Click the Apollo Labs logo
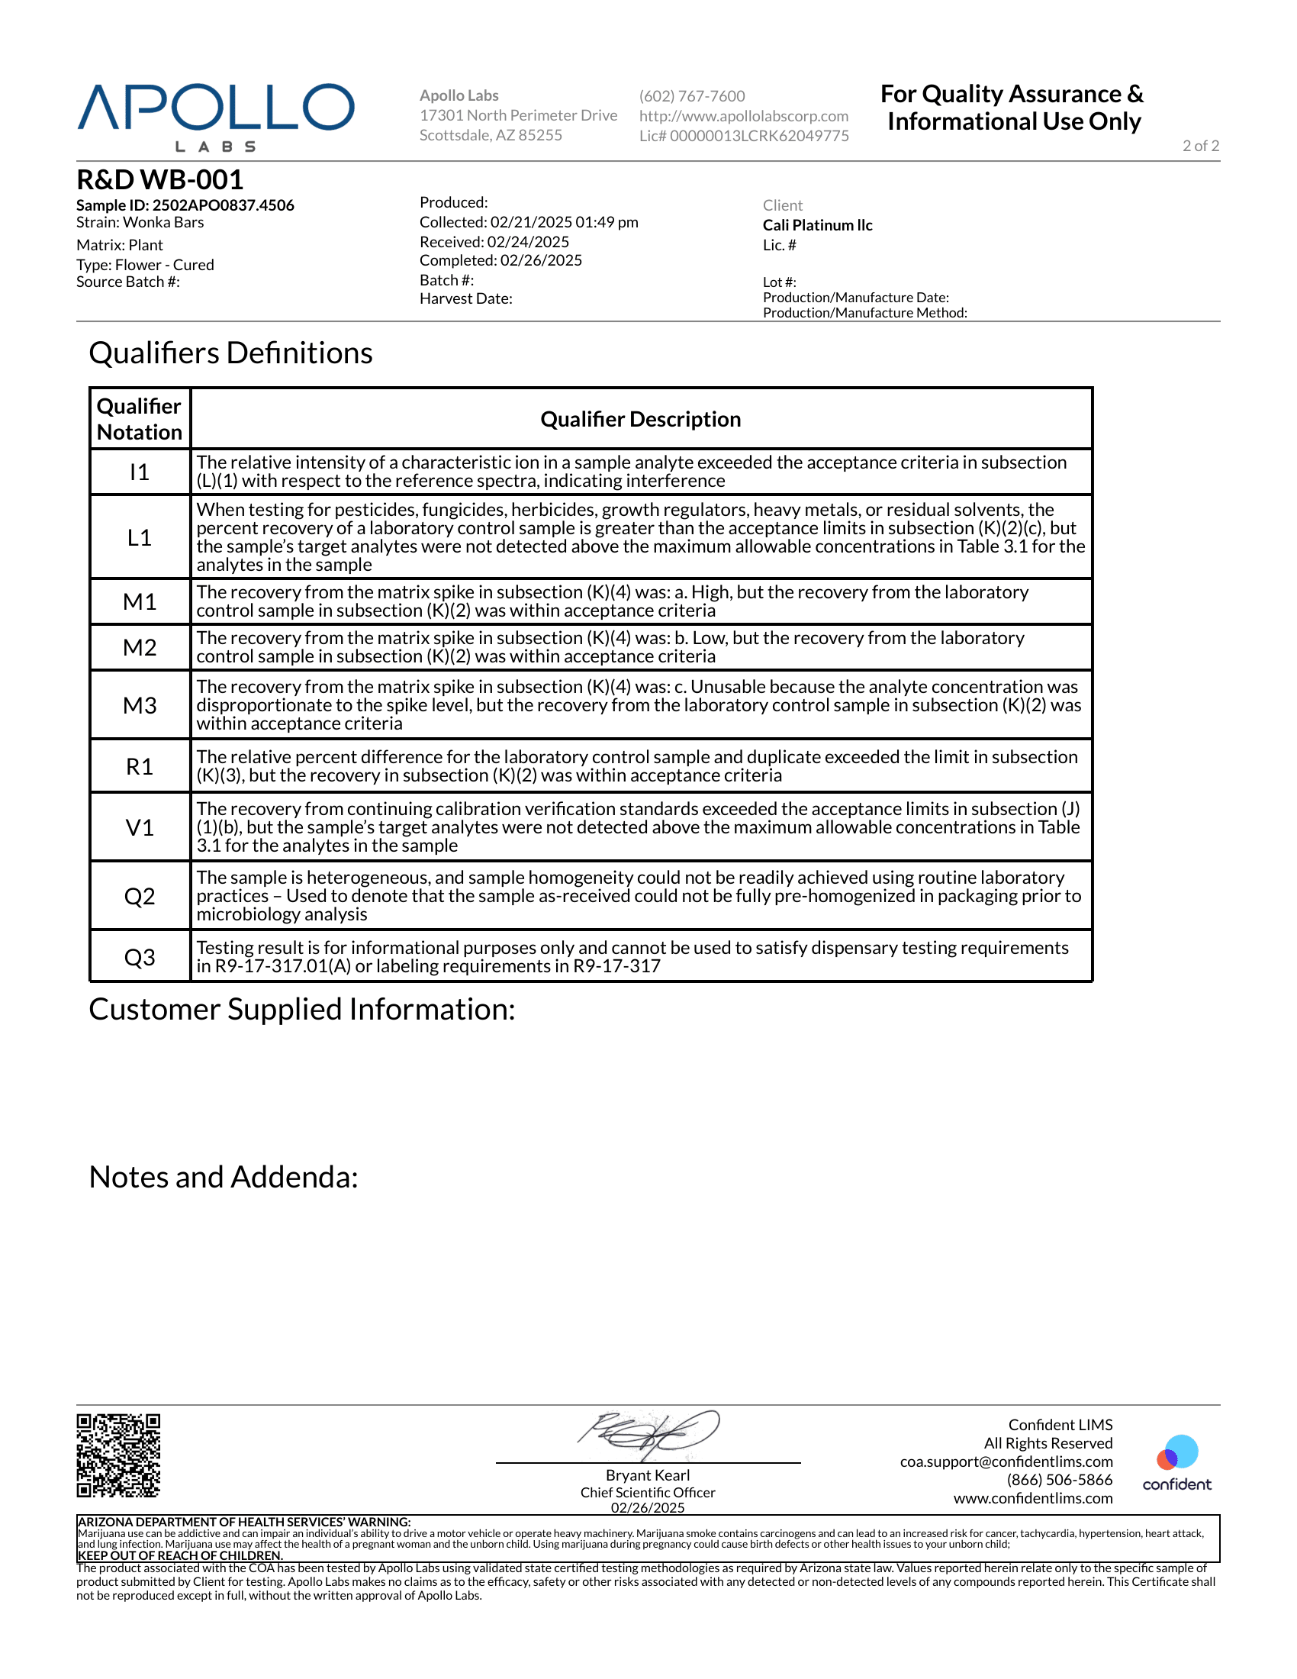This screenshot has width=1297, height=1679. click(x=216, y=116)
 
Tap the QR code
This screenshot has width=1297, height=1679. click(x=118, y=1455)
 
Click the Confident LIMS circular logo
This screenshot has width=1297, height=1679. click(x=1176, y=1453)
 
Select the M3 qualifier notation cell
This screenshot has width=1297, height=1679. click(x=140, y=705)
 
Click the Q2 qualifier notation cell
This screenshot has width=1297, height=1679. click(x=140, y=896)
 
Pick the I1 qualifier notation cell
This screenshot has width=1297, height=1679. click(x=140, y=471)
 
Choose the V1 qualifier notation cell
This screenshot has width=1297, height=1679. click(x=140, y=827)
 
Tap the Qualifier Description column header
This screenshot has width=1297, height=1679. click(x=641, y=419)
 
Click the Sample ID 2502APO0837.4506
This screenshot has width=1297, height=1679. click(x=185, y=205)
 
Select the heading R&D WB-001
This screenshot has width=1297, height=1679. click(x=159, y=180)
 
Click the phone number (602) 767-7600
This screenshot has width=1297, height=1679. click(x=691, y=96)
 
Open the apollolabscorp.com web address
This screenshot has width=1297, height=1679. click(x=744, y=116)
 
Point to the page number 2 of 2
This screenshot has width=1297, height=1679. click(x=1200, y=146)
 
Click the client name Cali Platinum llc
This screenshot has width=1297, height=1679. click(x=818, y=225)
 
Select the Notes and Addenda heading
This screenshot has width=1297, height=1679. click(x=224, y=1177)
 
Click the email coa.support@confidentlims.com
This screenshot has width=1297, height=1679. click(x=1006, y=1461)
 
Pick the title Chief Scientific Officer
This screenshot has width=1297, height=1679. click(x=648, y=1492)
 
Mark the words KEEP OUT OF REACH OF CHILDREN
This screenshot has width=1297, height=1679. click(x=181, y=1555)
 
